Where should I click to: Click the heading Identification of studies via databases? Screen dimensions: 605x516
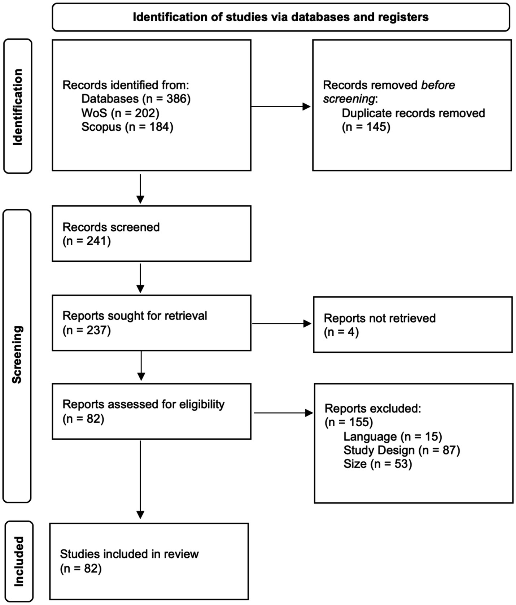pyautogui.click(x=280, y=17)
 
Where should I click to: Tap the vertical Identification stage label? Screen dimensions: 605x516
pyautogui.click(x=18, y=107)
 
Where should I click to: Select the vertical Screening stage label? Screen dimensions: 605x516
pyautogui.click(x=17, y=354)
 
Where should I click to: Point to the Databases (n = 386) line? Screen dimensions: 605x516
pyautogui.click(x=136, y=99)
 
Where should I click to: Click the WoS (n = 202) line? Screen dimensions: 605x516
pyautogui.click(x=120, y=113)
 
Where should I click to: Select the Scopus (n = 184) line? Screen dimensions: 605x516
pyautogui.click(x=127, y=127)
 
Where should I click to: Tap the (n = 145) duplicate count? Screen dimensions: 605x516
pyautogui.click(x=366, y=127)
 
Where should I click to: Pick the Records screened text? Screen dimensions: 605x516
pyautogui.click(x=111, y=227)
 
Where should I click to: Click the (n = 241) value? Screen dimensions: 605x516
pyautogui.click(x=87, y=241)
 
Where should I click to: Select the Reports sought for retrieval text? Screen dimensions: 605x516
pyautogui.click(x=135, y=316)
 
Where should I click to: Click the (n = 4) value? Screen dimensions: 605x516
pyautogui.click(x=341, y=332)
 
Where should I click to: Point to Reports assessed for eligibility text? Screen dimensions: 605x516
pyautogui.click(x=143, y=404)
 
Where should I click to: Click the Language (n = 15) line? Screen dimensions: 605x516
pyautogui.click(x=393, y=436)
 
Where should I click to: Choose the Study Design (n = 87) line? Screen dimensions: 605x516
pyautogui.click(x=402, y=450)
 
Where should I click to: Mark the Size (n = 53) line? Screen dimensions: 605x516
pyautogui.click(x=377, y=464)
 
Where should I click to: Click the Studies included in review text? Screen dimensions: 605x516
pyautogui.click(x=129, y=554)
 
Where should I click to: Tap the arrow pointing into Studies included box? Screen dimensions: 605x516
pyautogui.click(x=140, y=480)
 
